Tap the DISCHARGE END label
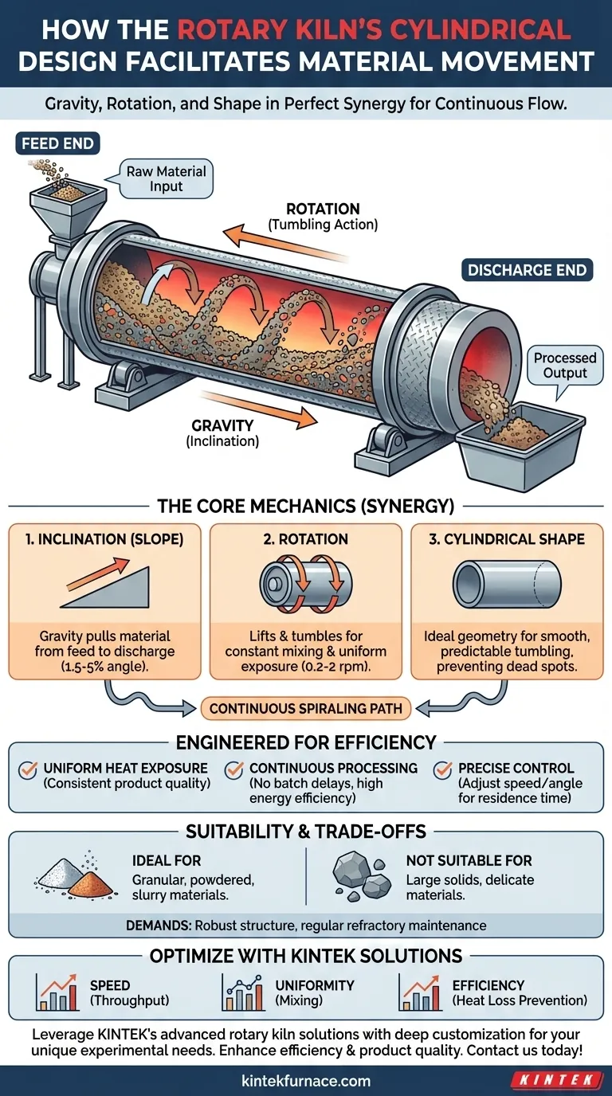527,270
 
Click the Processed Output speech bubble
564,366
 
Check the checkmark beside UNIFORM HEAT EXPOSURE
29,770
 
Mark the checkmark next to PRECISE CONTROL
443,770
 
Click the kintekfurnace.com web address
306,1081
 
